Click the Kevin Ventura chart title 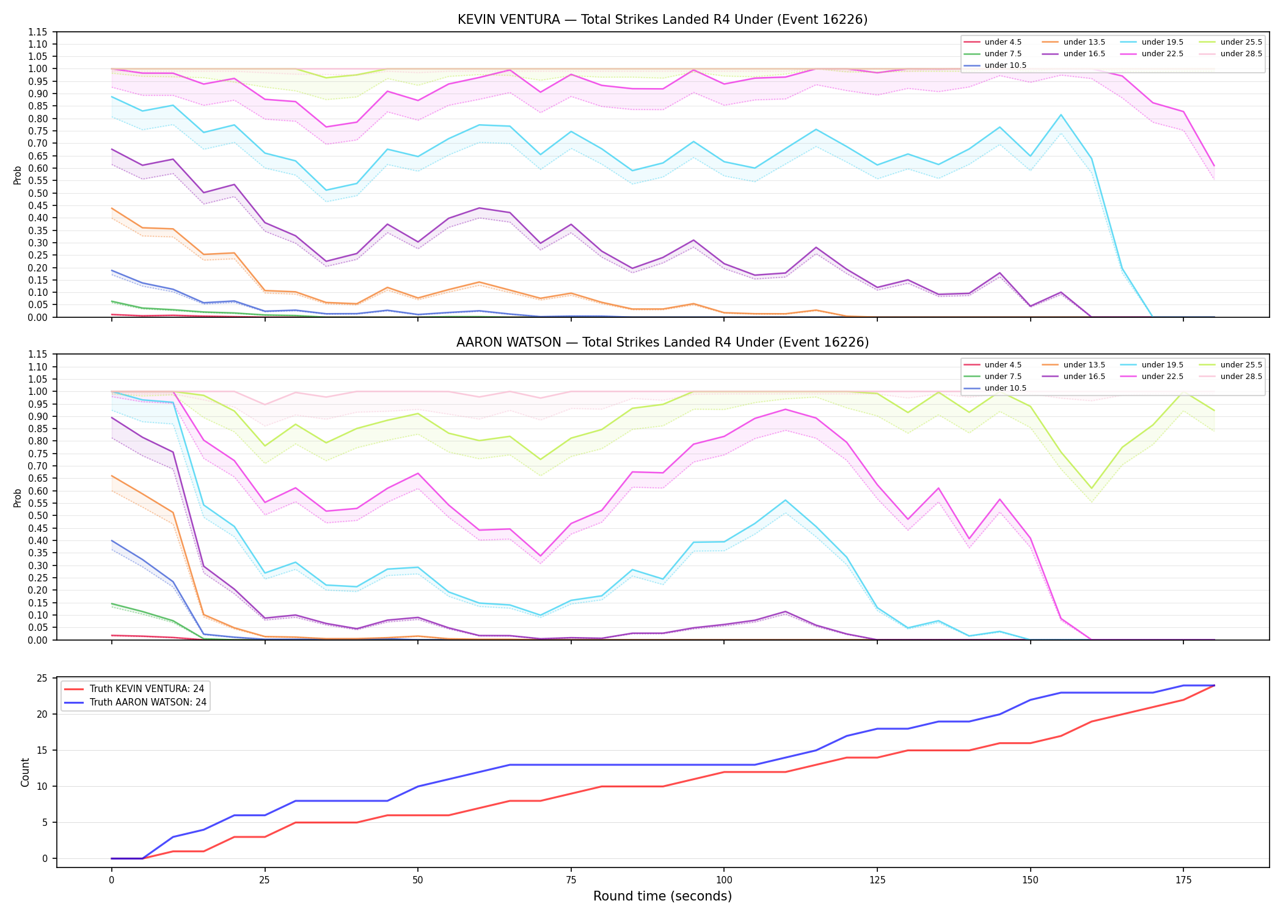click(x=662, y=20)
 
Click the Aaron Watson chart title click(x=662, y=342)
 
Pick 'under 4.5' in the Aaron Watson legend click(x=1003, y=365)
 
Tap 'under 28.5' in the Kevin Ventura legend click(x=1241, y=54)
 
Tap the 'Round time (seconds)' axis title click(x=662, y=896)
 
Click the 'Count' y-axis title click(x=25, y=772)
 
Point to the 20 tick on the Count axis click(x=42, y=714)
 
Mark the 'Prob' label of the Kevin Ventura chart click(x=18, y=175)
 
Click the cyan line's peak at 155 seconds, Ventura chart click(x=1061, y=115)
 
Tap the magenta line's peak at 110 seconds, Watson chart click(x=785, y=409)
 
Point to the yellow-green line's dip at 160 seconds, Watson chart click(x=1091, y=488)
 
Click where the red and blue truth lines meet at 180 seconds click(x=1214, y=685)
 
